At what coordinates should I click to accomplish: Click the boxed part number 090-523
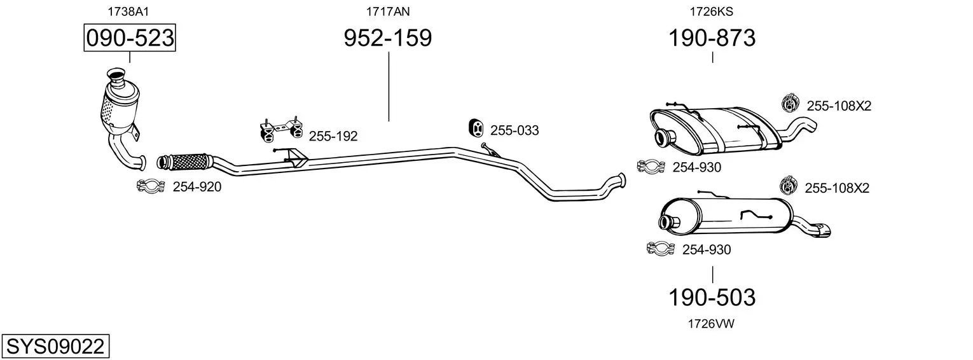tap(130, 38)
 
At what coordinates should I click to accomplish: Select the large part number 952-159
tap(388, 38)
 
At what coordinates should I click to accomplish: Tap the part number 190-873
tap(712, 38)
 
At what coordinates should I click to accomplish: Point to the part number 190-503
tap(712, 298)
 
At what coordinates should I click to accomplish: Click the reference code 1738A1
tap(128, 11)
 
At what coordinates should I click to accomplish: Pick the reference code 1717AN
tap(388, 11)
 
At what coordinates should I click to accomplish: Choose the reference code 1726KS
tap(712, 11)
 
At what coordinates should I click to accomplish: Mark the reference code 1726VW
tap(711, 324)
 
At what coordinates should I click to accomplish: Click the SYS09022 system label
tap(55, 347)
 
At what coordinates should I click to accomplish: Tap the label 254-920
tap(197, 187)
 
